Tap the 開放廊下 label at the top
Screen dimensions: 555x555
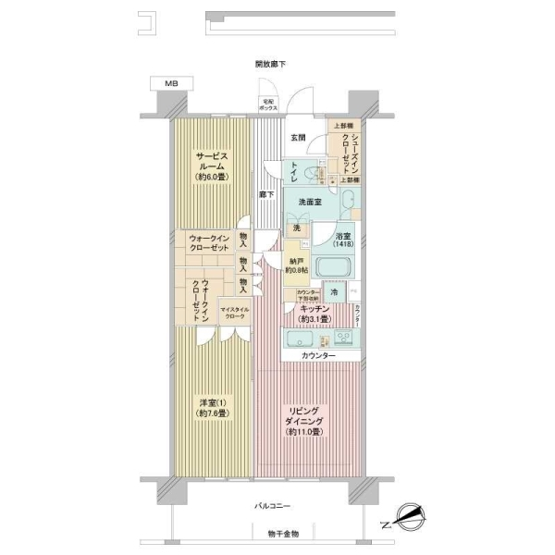click(x=271, y=64)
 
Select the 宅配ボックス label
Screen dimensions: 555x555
click(x=268, y=104)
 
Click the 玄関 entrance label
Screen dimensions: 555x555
click(x=299, y=138)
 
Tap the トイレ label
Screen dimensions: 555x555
click(x=294, y=170)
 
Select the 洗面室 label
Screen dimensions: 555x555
click(x=310, y=202)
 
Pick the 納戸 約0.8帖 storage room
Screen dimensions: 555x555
click(x=296, y=265)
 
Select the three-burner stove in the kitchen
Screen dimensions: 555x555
click(x=345, y=338)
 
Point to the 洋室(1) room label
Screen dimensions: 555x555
click(x=210, y=408)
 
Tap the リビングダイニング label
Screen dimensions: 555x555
click(x=305, y=421)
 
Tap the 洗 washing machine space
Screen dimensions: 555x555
click(x=296, y=228)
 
